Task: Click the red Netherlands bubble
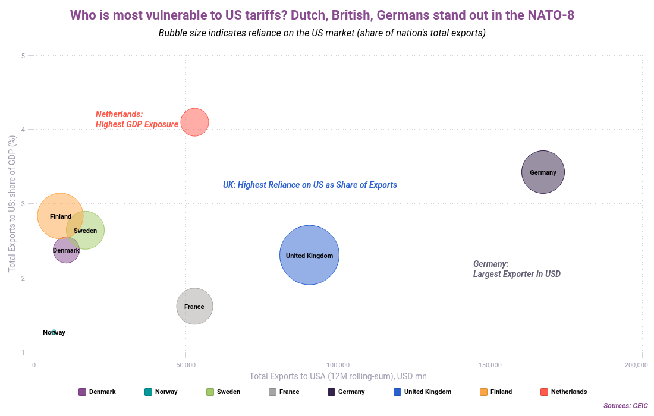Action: coord(194,122)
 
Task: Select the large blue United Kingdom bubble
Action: coord(309,255)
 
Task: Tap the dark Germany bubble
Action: coord(543,172)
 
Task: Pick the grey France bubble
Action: coord(194,307)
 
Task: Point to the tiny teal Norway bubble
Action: coord(54,332)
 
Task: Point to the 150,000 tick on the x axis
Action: coord(490,364)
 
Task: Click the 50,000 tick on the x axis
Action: coord(186,364)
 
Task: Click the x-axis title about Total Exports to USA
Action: coord(338,376)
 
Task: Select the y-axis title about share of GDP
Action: coord(12,204)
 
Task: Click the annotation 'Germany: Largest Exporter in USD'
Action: coord(516,269)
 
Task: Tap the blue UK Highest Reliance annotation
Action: coord(310,185)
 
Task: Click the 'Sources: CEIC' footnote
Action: coord(625,405)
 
